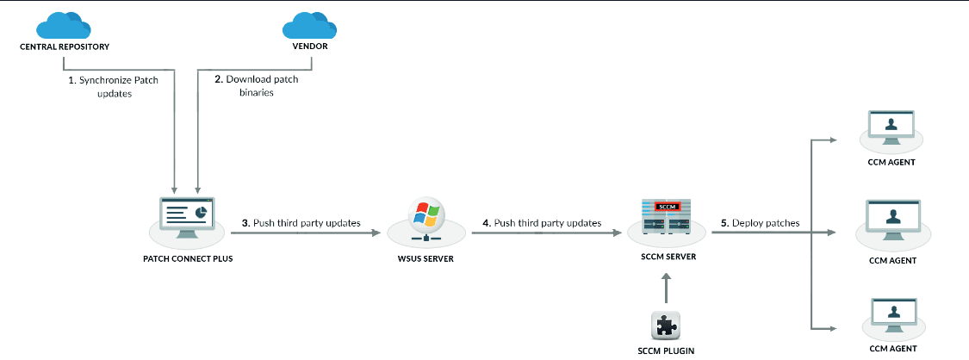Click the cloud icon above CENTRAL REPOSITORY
pos(65,25)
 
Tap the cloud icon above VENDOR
pos(305,25)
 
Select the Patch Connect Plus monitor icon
pos(188,214)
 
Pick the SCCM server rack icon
pos(668,216)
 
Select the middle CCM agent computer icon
pos(891,216)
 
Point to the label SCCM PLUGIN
pos(667,351)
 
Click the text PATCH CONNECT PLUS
pos(188,258)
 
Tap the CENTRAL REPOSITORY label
pos(65,46)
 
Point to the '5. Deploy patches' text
pos(761,223)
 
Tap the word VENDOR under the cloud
pos(305,46)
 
